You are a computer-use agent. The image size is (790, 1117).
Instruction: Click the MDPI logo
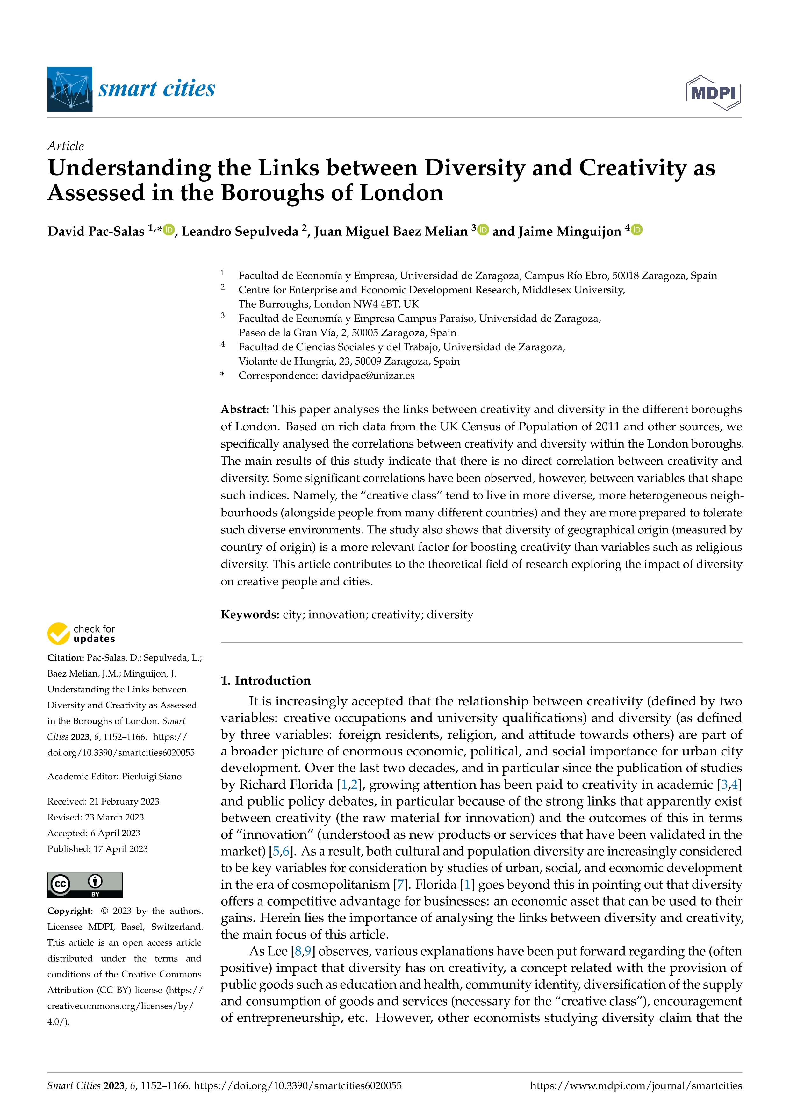(x=713, y=92)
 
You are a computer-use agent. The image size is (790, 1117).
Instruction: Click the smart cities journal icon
(x=69, y=89)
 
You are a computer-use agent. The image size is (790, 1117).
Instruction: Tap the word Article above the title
(x=65, y=146)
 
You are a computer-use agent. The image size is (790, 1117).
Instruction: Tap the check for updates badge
(x=81, y=634)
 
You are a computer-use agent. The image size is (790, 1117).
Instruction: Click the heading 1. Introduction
(x=266, y=681)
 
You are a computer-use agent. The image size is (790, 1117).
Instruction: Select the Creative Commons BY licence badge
(x=85, y=884)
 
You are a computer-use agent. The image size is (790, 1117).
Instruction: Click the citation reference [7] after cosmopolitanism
(x=400, y=884)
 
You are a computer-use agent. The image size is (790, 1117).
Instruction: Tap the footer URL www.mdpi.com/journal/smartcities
(x=636, y=1086)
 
